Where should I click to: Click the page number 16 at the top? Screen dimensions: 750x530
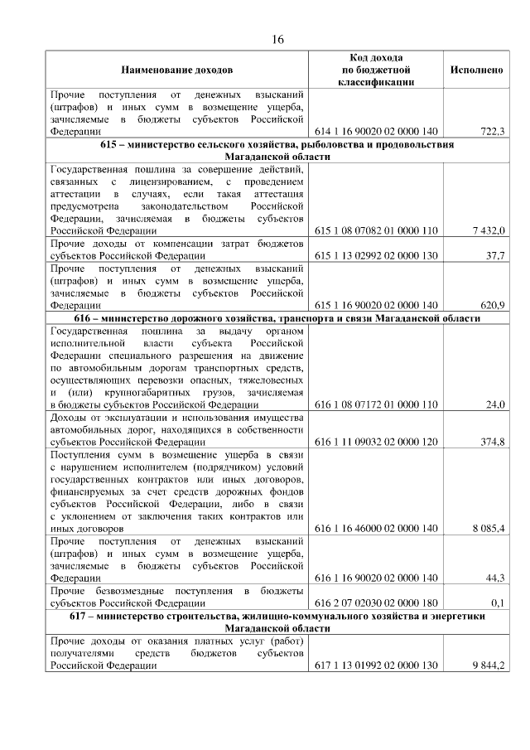[277, 40]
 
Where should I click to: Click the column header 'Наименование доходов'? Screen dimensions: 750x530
[176, 70]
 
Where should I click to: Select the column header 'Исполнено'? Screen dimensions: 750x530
[476, 70]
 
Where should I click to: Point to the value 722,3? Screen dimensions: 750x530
[493, 131]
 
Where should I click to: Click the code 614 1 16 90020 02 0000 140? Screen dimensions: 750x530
[376, 131]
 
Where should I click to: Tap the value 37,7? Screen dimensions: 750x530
[494, 255]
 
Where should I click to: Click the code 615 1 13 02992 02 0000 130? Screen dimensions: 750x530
[376, 255]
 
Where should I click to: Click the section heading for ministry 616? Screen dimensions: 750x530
[277, 318]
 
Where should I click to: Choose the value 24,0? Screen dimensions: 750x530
[495, 404]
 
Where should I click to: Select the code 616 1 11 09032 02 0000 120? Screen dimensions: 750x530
[376, 442]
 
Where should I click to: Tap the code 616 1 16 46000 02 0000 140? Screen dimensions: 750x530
[376, 528]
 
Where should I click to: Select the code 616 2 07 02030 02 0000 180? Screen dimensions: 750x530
[376, 602]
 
